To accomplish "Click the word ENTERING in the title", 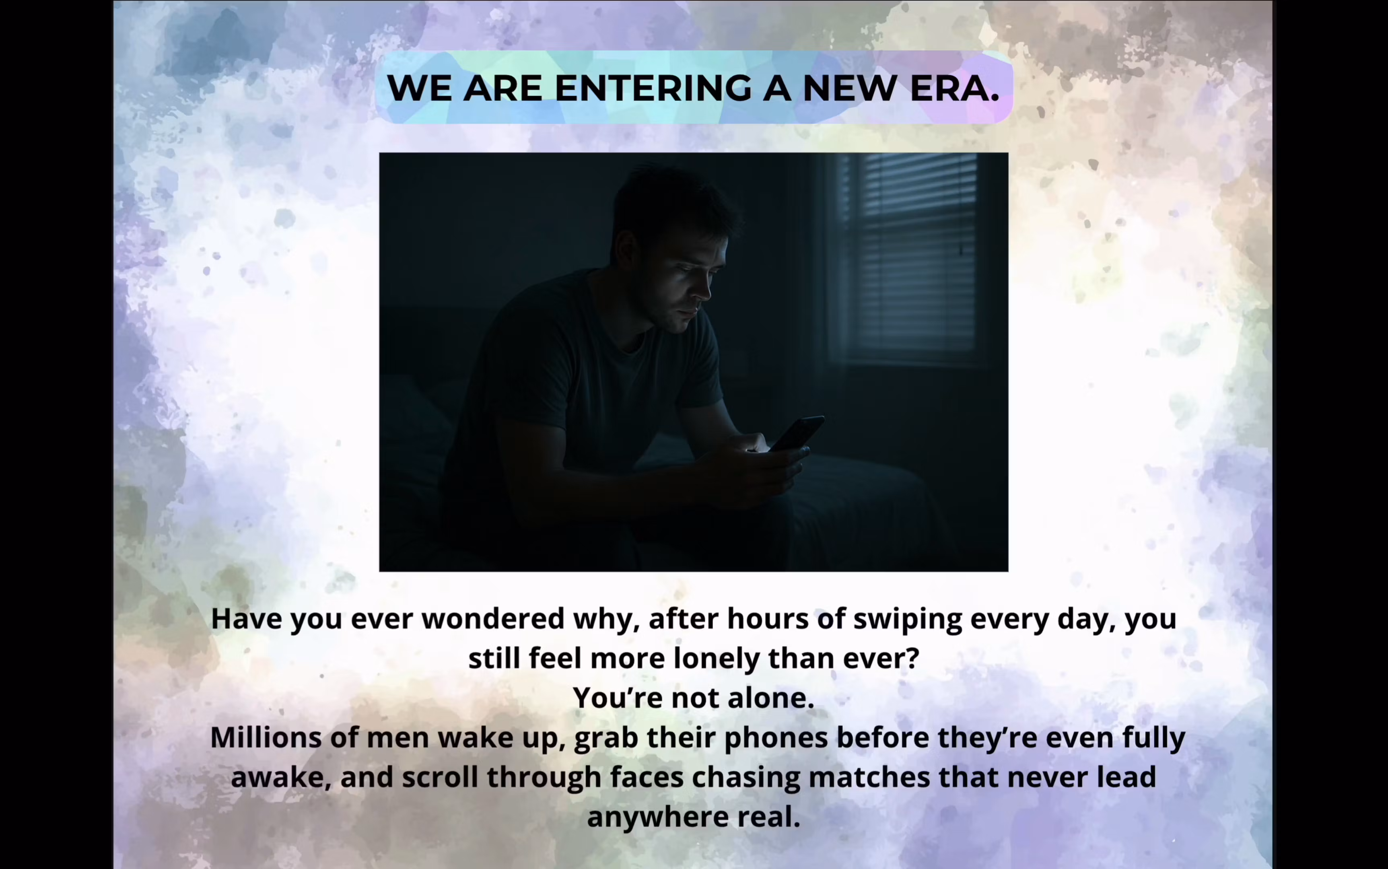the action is tap(653, 88).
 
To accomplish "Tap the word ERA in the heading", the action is tap(955, 88).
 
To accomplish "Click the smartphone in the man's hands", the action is tap(797, 434).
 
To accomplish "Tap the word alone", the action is tap(770, 698).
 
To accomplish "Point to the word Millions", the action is tap(266, 737).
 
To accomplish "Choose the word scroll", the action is tap(440, 777).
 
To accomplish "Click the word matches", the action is tap(869, 777).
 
